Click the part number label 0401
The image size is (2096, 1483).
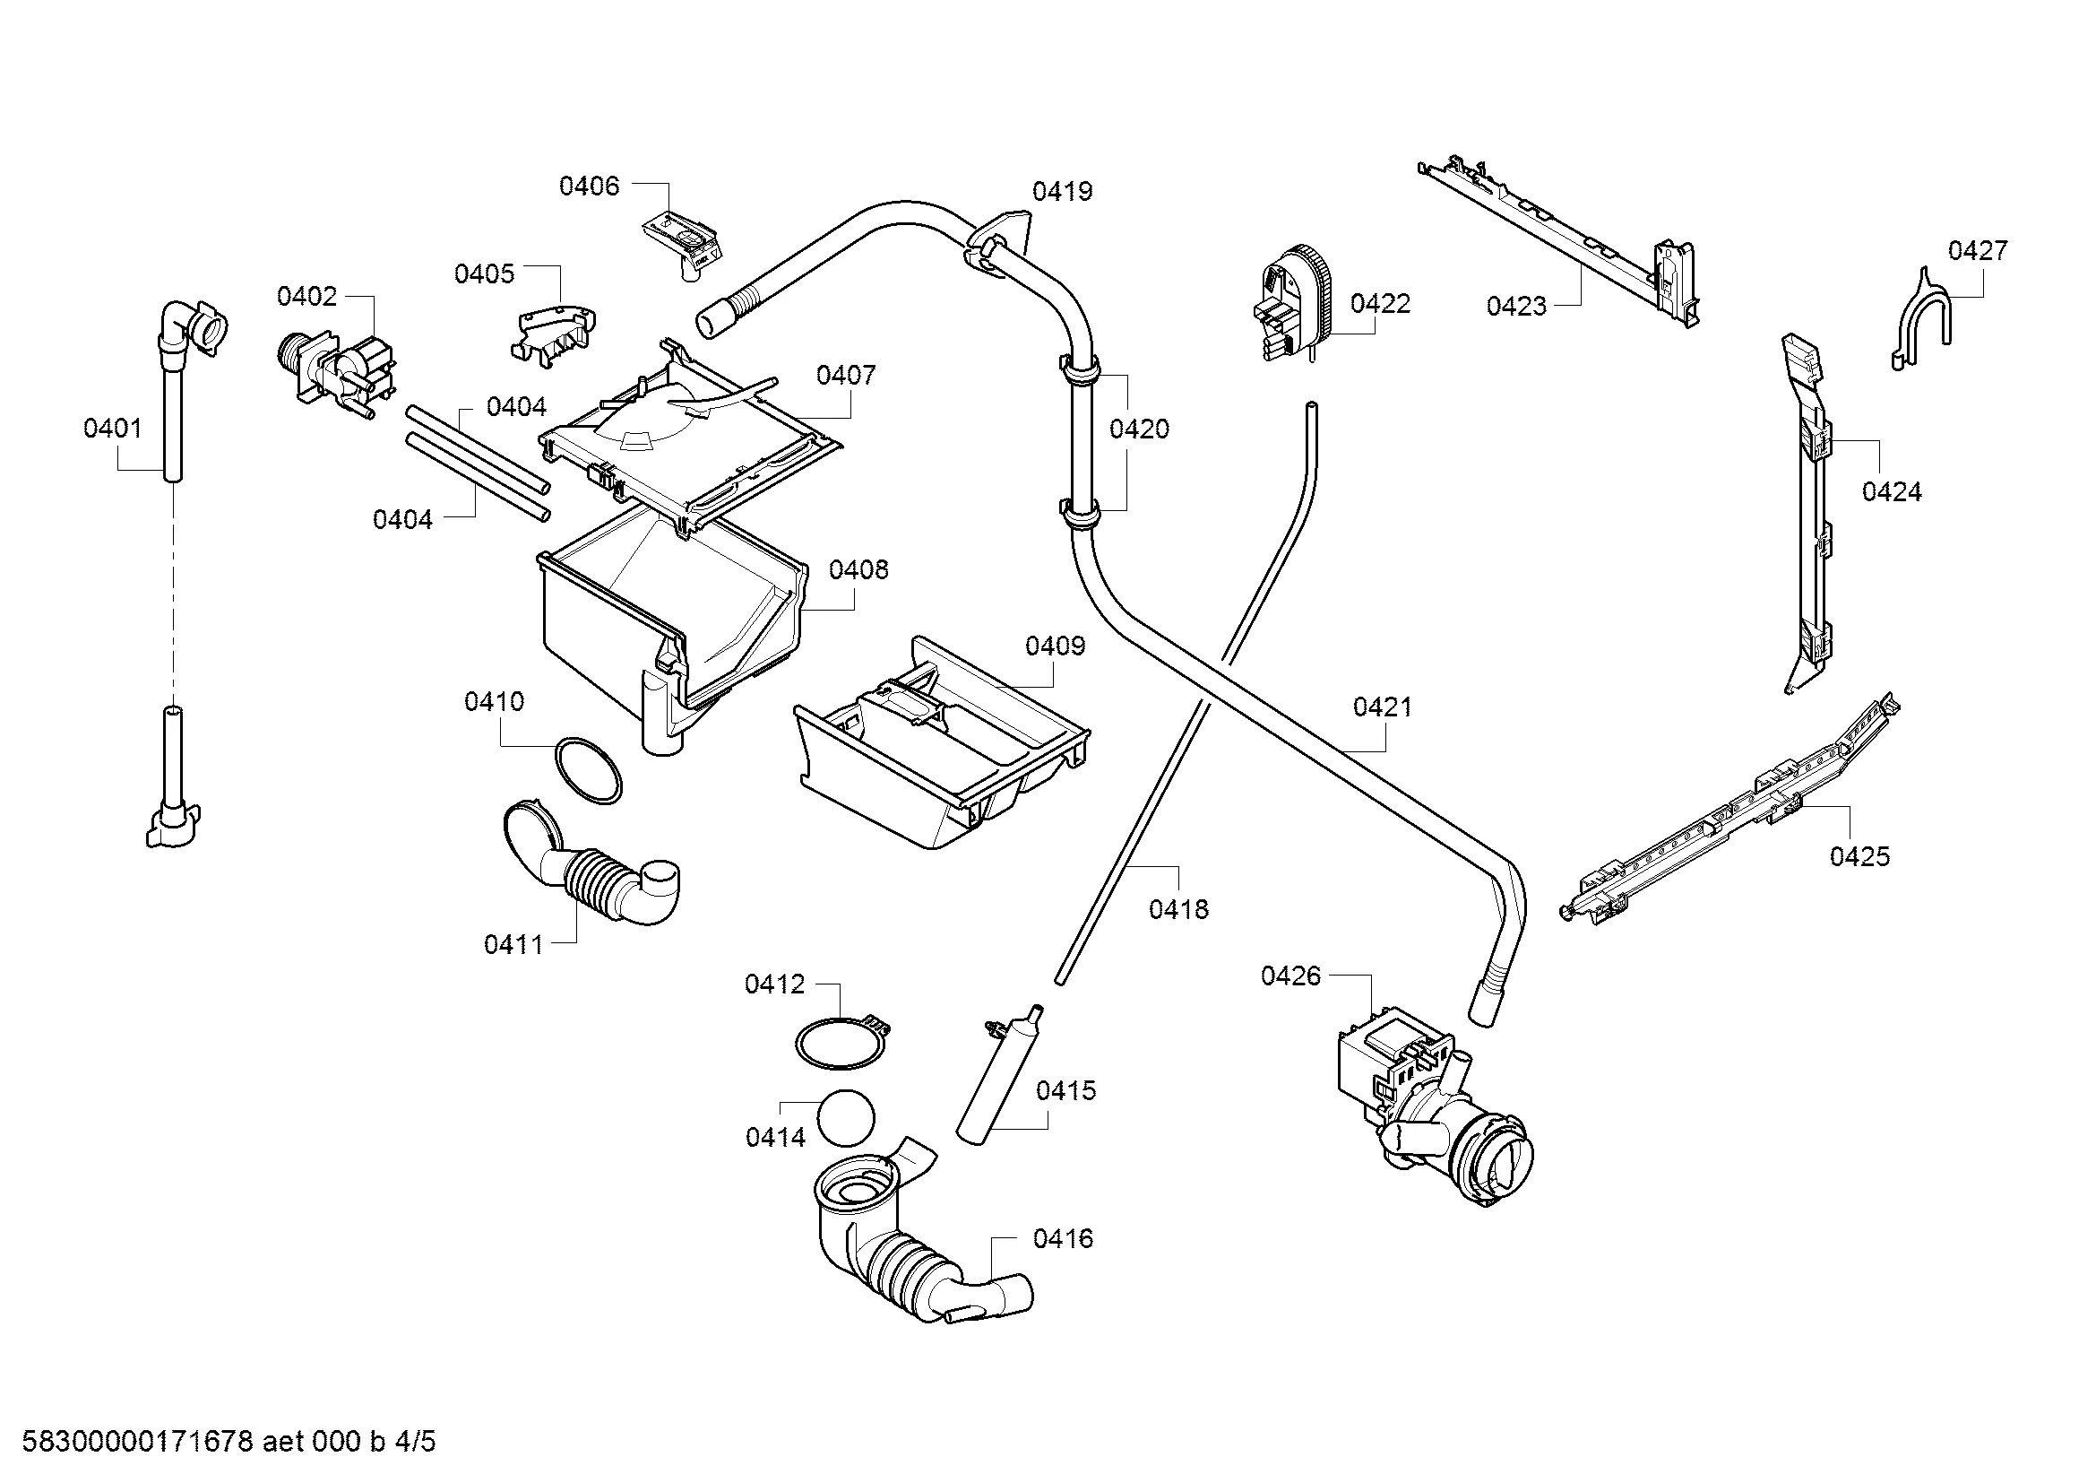[x=112, y=429]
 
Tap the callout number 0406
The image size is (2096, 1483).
[x=589, y=186]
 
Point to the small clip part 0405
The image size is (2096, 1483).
[x=554, y=334]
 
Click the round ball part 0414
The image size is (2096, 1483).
[x=845, y=1117]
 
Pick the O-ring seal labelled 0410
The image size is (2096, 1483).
[x=589, y=770]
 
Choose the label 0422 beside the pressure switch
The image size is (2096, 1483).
[x=1380, y=303]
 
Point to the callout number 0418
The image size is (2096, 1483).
[x=1178, y=908]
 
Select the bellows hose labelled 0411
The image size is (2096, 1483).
[x=593, y=872]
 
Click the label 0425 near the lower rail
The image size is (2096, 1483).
[x=1859, y=855]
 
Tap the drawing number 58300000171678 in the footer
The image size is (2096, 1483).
[x=136, y=1442]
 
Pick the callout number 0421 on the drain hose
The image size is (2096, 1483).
[x=1382, y=707]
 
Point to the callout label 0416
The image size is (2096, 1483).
[x=1063, y=1238]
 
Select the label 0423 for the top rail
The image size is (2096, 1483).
[x=1516, y=306]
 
